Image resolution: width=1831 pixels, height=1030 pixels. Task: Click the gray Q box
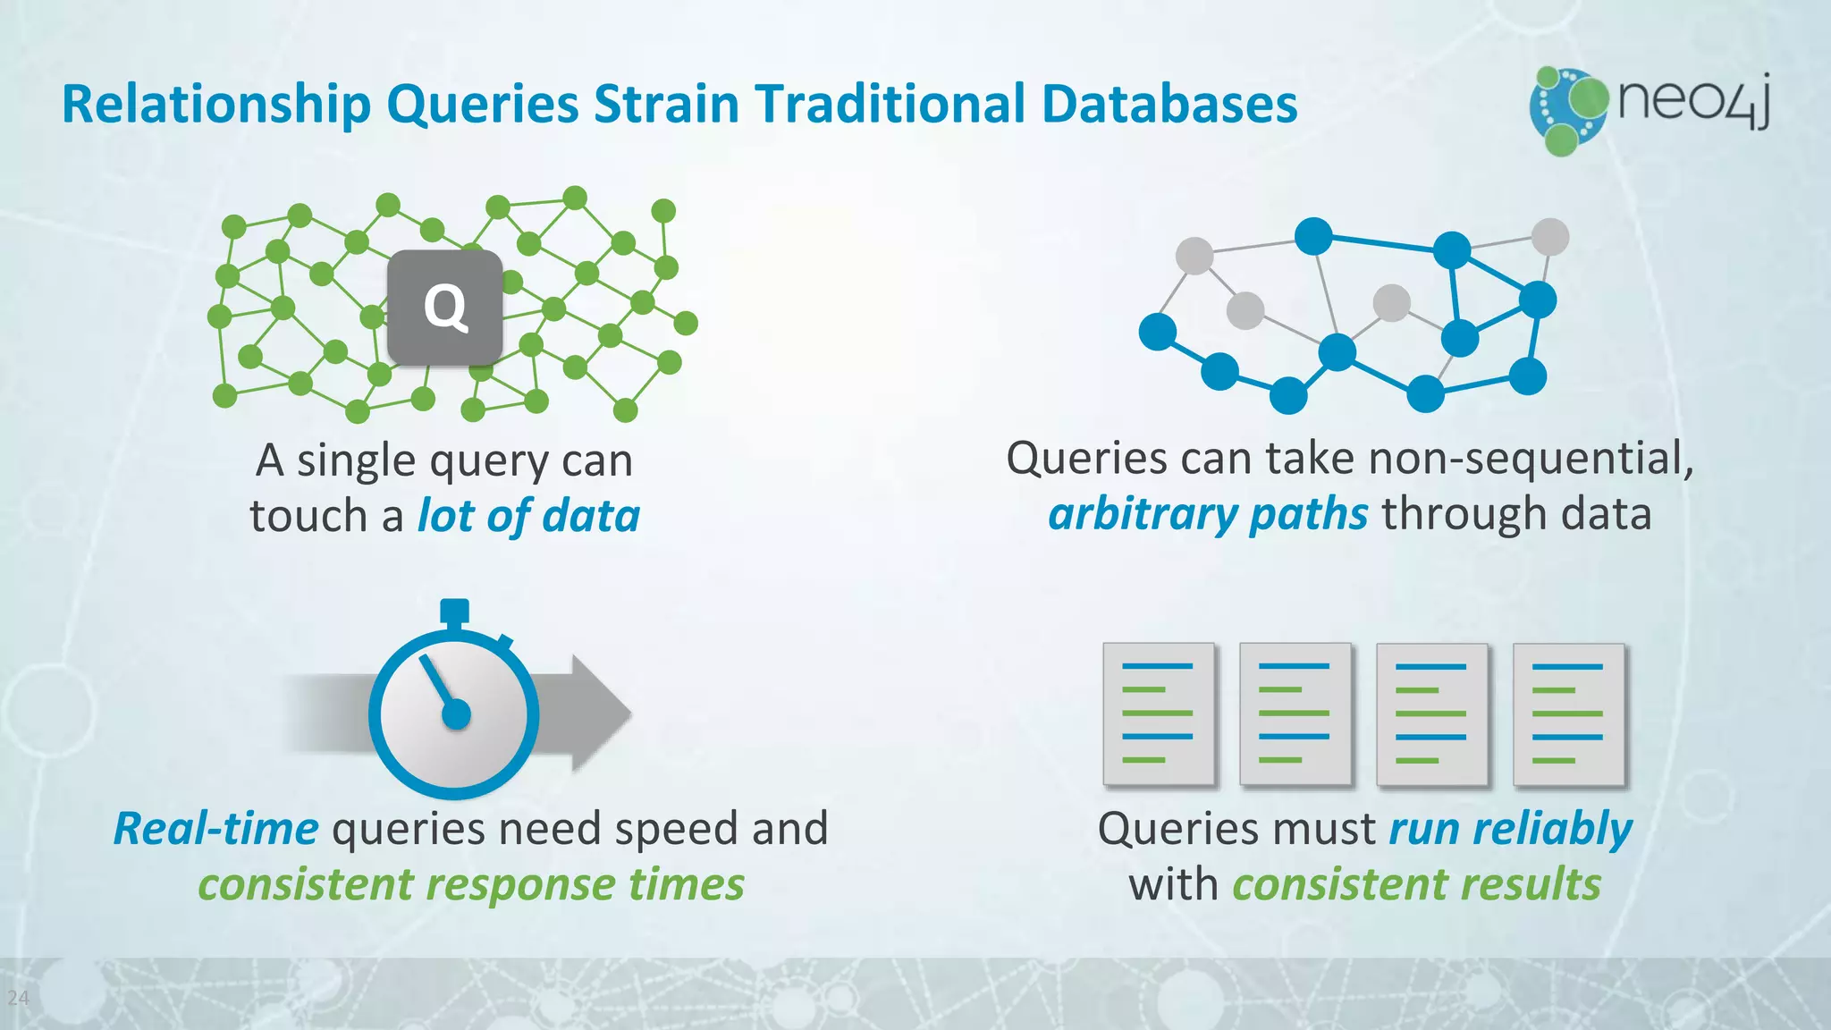coord(444,307)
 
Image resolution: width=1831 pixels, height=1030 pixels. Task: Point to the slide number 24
coord(18,998)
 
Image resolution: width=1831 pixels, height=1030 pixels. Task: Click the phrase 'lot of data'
coord(529,516)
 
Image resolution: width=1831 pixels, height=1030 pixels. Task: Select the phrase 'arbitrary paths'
coord(1208,514)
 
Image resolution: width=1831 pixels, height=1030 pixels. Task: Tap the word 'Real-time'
coord(215,828)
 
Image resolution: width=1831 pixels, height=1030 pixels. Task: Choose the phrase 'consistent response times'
coord(471,884)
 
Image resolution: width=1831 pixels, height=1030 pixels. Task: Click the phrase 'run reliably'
coord(1510,829)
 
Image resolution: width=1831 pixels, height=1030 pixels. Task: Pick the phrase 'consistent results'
coord(1416,884)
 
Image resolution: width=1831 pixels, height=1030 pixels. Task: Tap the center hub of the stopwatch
coord(456,714)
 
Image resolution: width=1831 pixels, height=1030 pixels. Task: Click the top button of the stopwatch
coord(454,611)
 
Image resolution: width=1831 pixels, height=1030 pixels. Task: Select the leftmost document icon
coord(1158,713)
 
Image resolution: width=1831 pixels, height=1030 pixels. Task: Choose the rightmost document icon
coord(1568,713)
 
